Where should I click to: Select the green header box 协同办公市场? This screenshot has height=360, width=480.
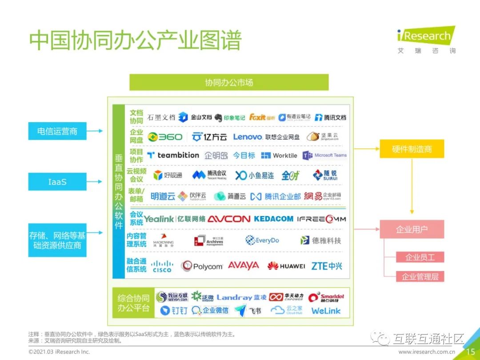coord(229,82)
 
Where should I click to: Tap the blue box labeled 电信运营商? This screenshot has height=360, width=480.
coord(57,131)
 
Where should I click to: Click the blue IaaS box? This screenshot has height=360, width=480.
coord(57,181)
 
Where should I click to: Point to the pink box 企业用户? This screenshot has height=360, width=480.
coord(412,229)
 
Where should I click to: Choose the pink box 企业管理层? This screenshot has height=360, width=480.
coord(420,277)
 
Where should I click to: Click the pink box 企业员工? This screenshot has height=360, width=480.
coord(420,257)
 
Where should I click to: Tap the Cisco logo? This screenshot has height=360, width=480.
coord(162,266)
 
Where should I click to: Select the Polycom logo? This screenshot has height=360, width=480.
coord(202,266)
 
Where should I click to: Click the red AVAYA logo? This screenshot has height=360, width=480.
coord(243,265)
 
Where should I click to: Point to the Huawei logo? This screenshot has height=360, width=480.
coord(286,266)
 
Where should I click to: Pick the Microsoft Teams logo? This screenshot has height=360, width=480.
coord(325,155)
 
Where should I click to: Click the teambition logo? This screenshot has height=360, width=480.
coord(173,155)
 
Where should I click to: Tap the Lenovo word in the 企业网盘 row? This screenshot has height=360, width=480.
coord(248,137)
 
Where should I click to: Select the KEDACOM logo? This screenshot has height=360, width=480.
coord(273,219)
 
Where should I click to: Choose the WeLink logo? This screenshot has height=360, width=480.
coord(326,311)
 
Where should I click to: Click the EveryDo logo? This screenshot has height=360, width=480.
coord(262,240)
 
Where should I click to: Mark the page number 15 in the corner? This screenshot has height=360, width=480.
coord(470,352)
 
